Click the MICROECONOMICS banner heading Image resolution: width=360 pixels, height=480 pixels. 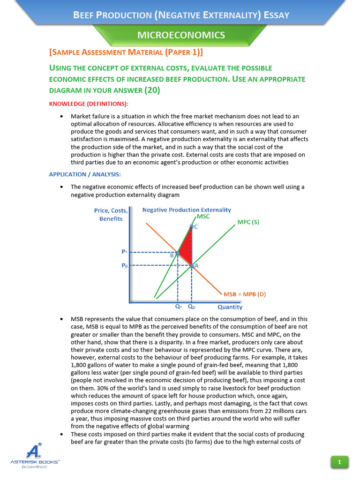[180, 35]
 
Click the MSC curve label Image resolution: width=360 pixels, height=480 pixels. [203, 217]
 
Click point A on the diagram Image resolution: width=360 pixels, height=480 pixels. [192, 265]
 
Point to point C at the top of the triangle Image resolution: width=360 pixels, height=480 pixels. [192, 226]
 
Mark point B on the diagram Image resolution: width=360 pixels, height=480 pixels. [178, 253]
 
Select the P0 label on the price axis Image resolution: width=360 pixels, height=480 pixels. [124, 265]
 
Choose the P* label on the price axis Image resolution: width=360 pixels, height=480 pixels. [124, 252]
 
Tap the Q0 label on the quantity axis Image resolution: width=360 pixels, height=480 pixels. [192, 307]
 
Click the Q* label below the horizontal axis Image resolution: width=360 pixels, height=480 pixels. [179, 307]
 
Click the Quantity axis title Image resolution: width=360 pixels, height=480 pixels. [230, 307]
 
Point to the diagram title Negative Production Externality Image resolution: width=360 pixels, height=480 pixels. [186, 210]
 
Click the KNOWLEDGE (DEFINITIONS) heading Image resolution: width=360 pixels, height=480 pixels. [89, 103]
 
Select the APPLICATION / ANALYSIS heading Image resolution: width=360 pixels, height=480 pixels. [85, 174]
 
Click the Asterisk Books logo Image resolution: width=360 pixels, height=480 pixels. [35, 457]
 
